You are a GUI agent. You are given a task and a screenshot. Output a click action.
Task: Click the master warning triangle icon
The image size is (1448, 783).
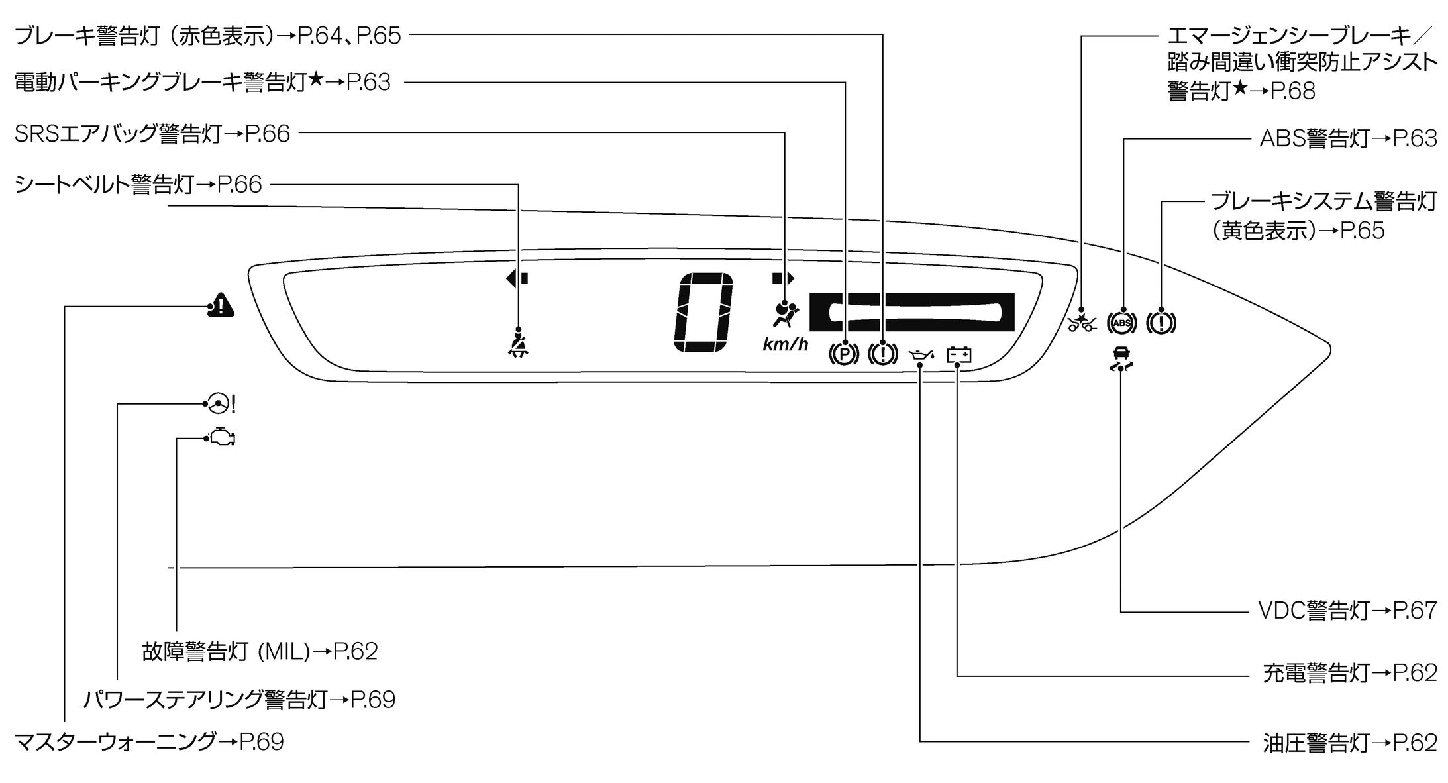[x=221, y=305]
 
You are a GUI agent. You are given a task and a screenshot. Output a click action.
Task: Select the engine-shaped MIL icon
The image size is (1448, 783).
[x=222, y=438]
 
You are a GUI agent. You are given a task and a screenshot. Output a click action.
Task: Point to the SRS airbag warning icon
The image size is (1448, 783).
[x=785, y=315]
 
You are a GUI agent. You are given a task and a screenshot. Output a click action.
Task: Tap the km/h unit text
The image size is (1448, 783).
[x=785, y=344]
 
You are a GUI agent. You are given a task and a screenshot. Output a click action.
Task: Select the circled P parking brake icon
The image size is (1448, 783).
[x=844, y=354]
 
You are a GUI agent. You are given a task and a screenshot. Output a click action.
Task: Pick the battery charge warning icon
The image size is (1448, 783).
[x=959, y=356]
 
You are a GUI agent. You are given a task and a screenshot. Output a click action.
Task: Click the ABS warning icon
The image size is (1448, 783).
[x=1121, y=323]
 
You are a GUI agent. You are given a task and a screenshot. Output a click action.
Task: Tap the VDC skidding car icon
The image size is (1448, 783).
[x=1121, y=358]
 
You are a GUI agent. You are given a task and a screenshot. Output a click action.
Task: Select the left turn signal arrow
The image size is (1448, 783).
[x=517, y=278]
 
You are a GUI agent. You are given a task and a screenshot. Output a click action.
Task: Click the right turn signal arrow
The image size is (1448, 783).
[x=783, y=278]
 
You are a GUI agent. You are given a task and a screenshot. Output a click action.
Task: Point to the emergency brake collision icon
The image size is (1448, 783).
[x=1082, y=323]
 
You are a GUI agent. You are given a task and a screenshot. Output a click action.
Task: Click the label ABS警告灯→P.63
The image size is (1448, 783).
[x=1347, y=138]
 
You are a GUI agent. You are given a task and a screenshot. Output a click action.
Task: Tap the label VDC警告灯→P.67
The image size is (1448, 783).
[x=1347, y=611]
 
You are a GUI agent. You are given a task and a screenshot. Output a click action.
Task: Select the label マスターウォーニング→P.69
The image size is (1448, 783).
[x=149, y=741]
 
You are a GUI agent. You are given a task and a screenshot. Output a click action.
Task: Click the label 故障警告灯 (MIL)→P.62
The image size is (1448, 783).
[x=260, y=651]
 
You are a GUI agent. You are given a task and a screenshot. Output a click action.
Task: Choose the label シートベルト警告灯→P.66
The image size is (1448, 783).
[x=138, y=184]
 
